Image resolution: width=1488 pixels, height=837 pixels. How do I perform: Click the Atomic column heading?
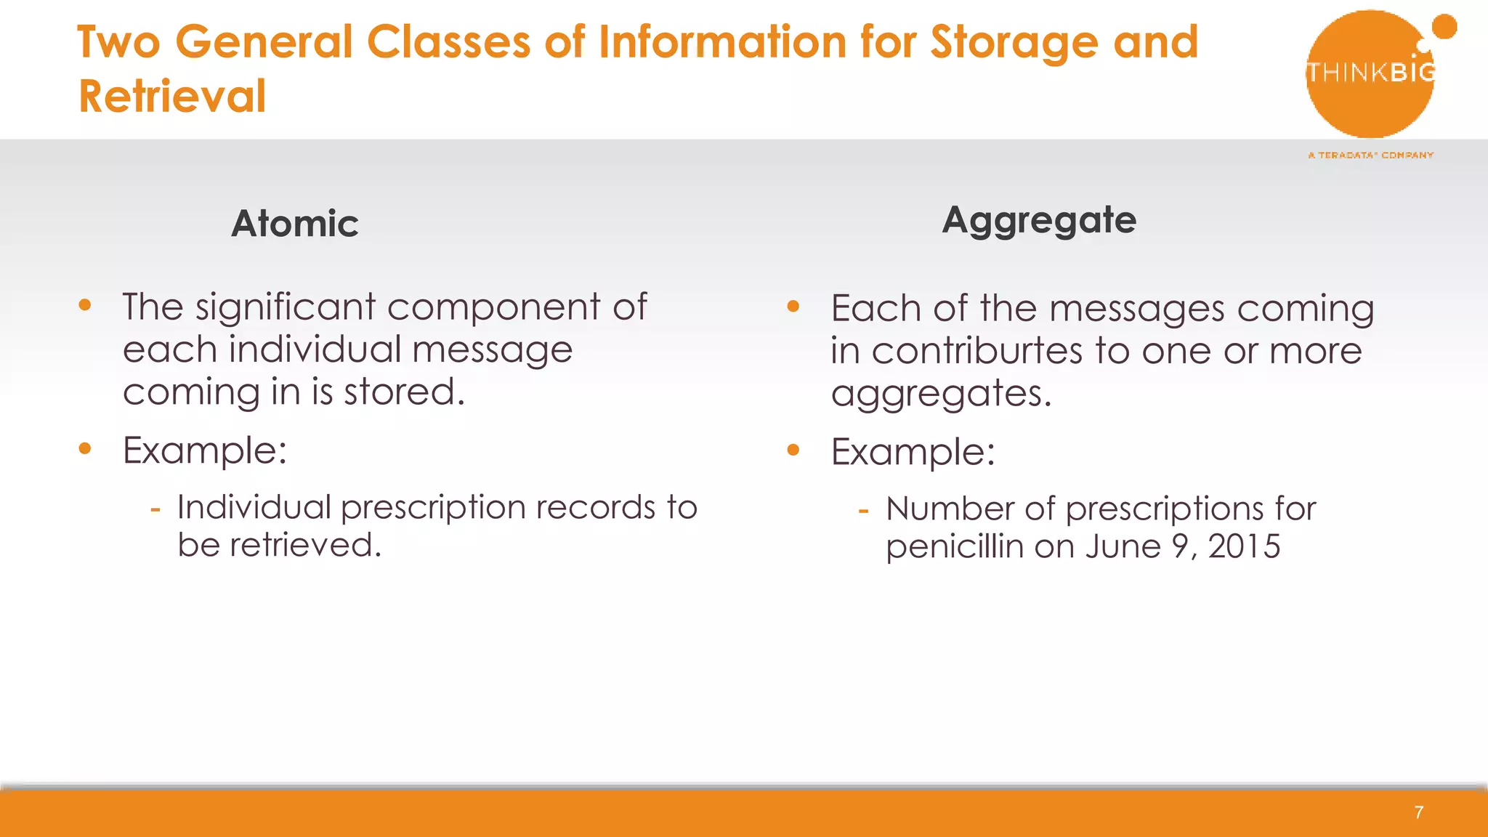point(294,223)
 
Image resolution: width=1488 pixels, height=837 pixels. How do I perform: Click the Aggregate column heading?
point(1039,220)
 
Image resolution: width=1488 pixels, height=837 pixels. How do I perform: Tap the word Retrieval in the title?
point(172,96)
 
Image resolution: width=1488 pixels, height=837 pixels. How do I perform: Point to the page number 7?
point(1418,812)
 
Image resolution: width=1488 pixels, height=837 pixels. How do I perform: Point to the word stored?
point(404,392)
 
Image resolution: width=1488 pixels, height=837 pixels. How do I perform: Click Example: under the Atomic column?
point(204,450)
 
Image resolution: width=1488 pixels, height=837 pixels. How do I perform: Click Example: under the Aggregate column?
point(913,452)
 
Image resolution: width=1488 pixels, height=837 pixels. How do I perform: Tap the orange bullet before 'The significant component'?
point(85,305)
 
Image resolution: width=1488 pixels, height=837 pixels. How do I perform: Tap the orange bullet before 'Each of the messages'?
point(793,307)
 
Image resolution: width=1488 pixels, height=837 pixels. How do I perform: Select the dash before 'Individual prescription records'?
point(155,509)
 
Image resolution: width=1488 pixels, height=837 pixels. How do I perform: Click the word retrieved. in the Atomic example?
point(305,545)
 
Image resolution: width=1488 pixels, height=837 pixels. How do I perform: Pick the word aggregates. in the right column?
point(941,394)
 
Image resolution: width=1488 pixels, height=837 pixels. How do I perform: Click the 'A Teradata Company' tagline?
point(1370,155)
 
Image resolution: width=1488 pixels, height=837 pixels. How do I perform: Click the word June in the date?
point(1123,546)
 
